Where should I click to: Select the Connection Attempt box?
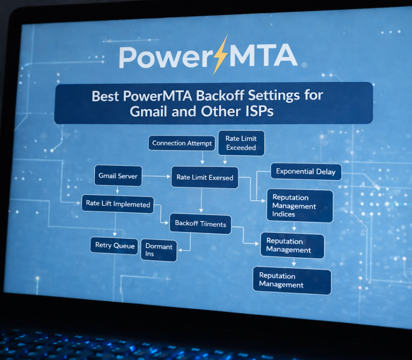click(182, 144)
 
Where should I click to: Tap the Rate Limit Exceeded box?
click(241, 143)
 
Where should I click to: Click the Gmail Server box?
click(118, 176)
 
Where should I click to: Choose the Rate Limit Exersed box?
click(204, 177)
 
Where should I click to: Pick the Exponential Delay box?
click(305, 172)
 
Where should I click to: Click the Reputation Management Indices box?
click(299, 206)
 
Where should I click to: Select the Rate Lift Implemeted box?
click(118, 204)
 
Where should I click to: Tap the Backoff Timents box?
click(200, 224)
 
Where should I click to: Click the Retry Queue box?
click(115, 246)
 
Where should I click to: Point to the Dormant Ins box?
click(159, 250)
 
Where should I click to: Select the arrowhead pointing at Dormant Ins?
click(180, 250)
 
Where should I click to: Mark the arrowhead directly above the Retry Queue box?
click(115, 234)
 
